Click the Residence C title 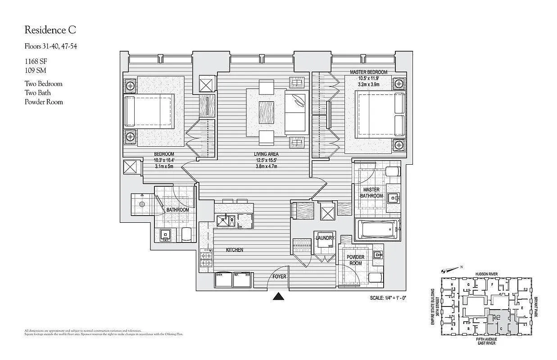pyautogui.click(x=50, y=30)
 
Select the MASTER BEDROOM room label pyautogui.click(x=368, y=72)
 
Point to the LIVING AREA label pyautogui.click(x=266, y=154)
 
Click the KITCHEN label pyautogui.click(x=235, y=250)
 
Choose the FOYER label pyautogui.click(x=279, y=276)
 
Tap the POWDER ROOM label pyautogui.click(x=356, y=260)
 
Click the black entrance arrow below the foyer pyautogui.click(x=279, y=296)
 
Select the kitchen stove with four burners pyautogui.click(x=207, y=259)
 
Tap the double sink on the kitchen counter pyautogui.click(x=226, y=220)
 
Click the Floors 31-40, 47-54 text pyautogui.click(x=50, y=46)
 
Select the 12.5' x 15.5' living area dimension pyautogui.click(x=266, y=160)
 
